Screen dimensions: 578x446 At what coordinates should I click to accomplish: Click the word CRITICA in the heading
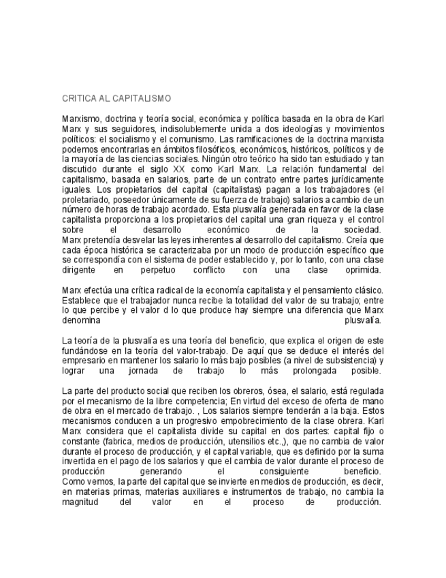[x=76, y=99]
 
